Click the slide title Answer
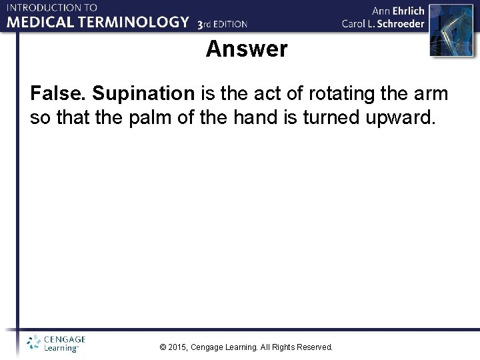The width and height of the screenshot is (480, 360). tap(247, 49)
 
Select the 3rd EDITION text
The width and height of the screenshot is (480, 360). tap(223, 24)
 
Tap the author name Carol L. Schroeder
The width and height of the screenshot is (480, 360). tap(383, 23)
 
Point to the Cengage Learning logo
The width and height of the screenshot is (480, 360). tap(56, 343)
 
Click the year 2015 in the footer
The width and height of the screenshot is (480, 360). tap(178, 347)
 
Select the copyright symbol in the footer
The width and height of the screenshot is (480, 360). tap(163, 347)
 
